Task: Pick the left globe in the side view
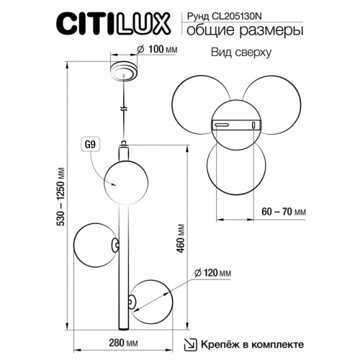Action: click(x=91, y=247)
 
